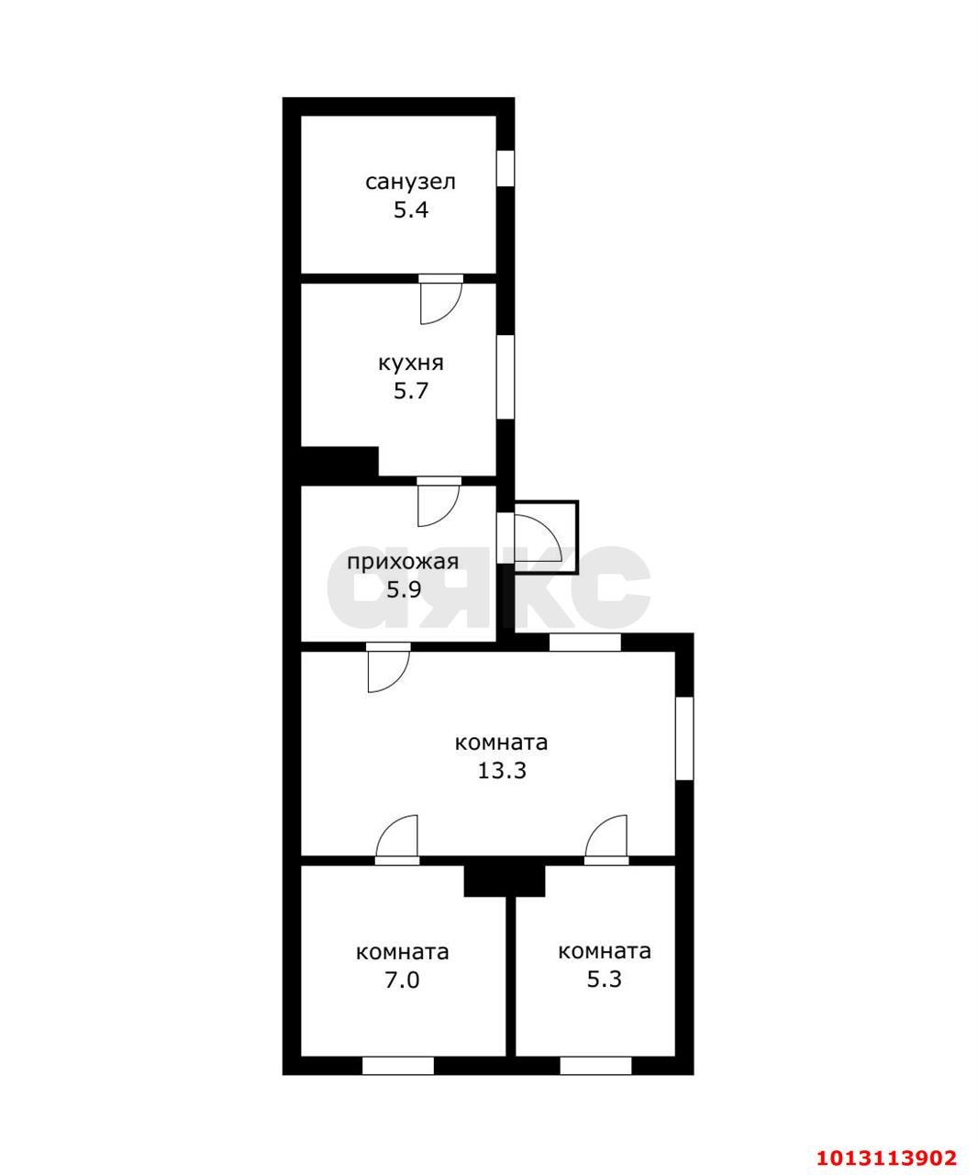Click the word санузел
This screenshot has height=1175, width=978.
pyautogui.click(x=410, y=183)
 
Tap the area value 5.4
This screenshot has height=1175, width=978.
pyautogui.click(x=410, y=210)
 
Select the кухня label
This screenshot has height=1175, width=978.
pyautogui.click(x=410, y=363)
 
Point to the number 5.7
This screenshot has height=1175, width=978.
pyautogui.click(x=410, y=390)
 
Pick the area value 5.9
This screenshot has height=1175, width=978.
pyautogui.click(x=404, y=589)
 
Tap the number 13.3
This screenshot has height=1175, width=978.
pyautogui.click(x=501, y=770)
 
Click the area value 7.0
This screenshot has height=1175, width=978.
pyautogui.click(x=402, y=980)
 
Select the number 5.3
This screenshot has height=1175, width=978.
pyautogui.click(x=604, y=979)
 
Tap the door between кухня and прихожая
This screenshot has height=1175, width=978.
pyautogui.click(x=439, y=501)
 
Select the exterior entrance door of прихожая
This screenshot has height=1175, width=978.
pyautogui.click(x=537, y=537)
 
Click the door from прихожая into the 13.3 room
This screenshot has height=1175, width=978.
pyautogui.click(x=388, y=667)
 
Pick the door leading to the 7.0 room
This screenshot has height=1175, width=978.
pyautogui.click(x=397, y=840)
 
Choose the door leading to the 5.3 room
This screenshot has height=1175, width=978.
pyautogui.click(x=606, y=840)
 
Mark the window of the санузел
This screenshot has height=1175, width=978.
pyautogui.click(x=506, y=168)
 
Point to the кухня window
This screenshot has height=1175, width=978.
pyautogui.click(x=506, y=377)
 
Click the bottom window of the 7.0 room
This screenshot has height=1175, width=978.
pyautogui.click(x=397, y=1066)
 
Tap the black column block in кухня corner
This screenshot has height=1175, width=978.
pyautogui.click(x=339, y=462)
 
